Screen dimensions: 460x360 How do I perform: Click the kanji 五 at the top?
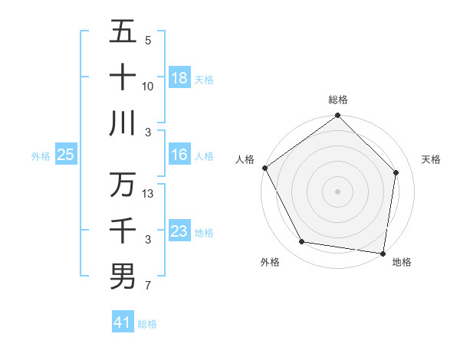(x=123, y=32)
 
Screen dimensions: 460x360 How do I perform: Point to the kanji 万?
(x=123, y=185)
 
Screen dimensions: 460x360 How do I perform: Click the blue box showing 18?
(x=179, y=77)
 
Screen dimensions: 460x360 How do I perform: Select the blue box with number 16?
(x=179, y=155)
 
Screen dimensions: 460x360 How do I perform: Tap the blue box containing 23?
(x=179, y=231)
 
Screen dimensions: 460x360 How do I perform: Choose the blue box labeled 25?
(x=65, y=155)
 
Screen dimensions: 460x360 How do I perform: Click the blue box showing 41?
(x=123, y=322)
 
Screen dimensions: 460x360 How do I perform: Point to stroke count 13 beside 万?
(x=149, y=194)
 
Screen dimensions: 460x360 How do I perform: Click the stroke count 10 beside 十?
(x=148, y=87)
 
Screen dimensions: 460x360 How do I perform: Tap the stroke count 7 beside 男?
(x=148, y=286)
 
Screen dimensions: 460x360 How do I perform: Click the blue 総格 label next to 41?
(x=147, y=323)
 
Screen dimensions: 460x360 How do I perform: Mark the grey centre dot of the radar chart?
(x=337, y=191)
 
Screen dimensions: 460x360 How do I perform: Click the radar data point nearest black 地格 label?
(x=383, y=253)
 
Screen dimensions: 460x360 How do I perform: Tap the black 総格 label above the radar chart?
(x=337, y=100)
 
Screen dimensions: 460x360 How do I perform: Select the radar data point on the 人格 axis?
(x=265, y=168)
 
